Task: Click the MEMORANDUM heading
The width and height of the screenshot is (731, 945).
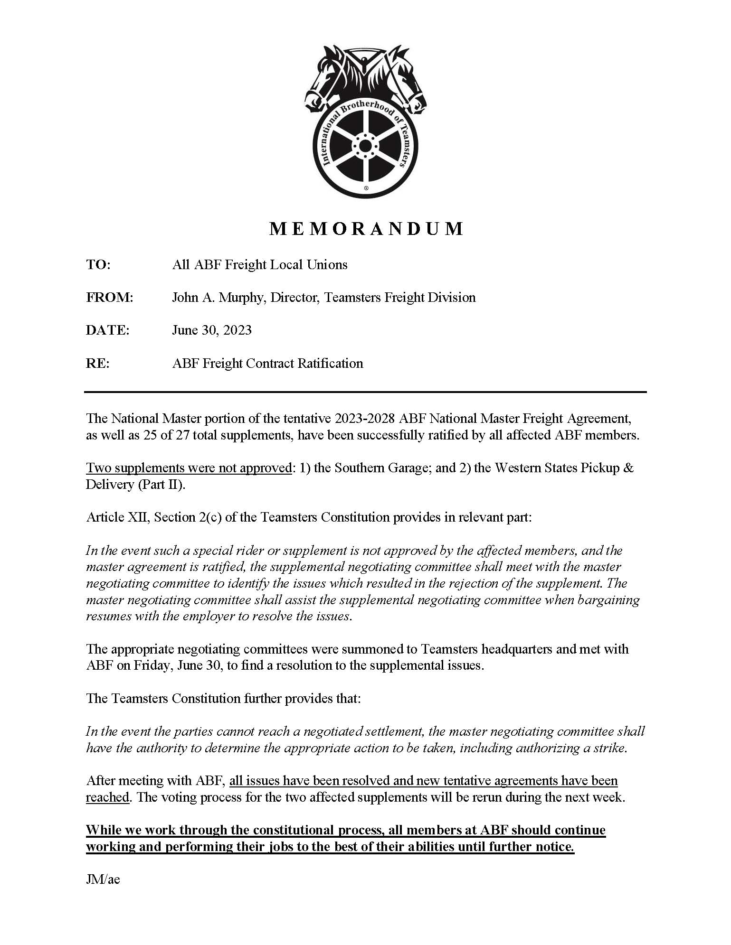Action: [365, 229]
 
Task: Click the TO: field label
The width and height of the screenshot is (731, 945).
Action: [98, 265]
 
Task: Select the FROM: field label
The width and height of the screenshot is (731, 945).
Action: [109, 298]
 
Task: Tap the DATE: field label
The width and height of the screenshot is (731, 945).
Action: [107, 330]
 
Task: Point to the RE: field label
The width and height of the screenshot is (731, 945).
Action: [97, 364]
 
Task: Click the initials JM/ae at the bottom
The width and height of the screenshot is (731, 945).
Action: [103, 880]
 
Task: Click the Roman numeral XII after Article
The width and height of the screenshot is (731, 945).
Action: [140, 517]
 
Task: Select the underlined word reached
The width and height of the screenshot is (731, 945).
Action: [107, 797]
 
